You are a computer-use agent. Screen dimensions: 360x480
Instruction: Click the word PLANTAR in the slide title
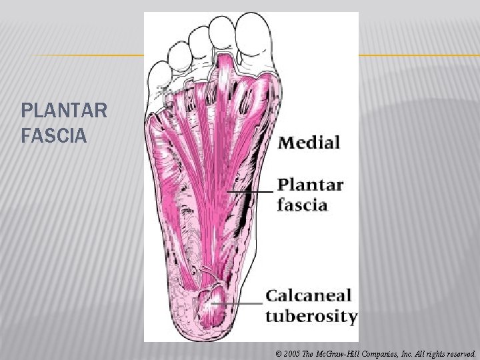tap(63, 110)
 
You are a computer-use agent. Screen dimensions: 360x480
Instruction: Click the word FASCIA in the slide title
tap(54, 136)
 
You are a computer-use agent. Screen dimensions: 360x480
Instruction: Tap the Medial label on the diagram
tap(309, 142)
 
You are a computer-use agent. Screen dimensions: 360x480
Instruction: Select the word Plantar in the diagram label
tap(310, 185)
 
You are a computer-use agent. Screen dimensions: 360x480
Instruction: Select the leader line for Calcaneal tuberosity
tap(237, 303)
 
